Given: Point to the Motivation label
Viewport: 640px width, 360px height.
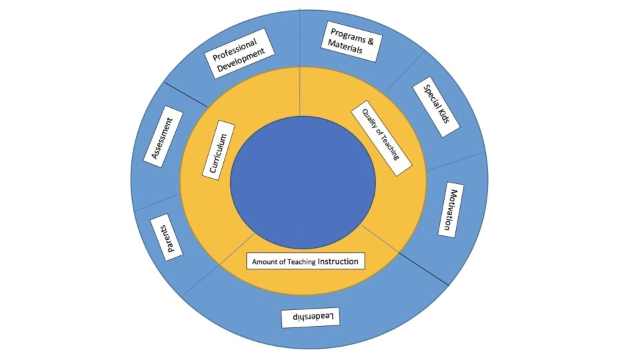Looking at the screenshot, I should (451, 209).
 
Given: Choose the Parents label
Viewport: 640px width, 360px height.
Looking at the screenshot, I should (167, 237).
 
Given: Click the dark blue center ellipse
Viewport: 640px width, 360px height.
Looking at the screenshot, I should (303, 183).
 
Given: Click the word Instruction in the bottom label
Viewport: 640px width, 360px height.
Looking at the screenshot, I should (338, 261).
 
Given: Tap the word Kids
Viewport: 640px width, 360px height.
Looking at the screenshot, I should (442, 116).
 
